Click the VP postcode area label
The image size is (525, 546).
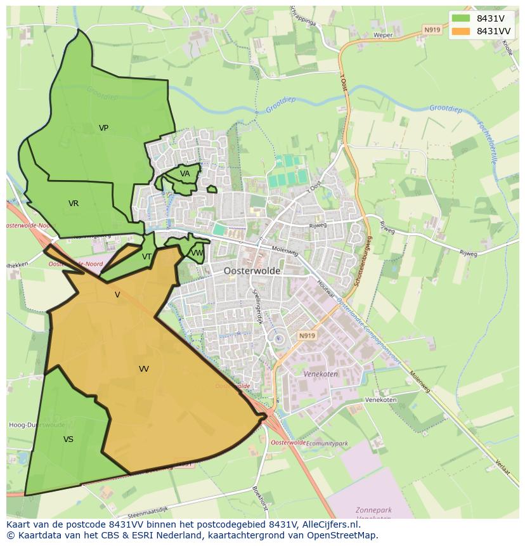coord(103,128)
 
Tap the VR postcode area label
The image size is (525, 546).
coord(74,204)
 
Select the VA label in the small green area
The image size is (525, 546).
coord(185,174)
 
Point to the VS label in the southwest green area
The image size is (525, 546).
coord(68,439)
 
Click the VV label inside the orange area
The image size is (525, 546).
coord(144,369)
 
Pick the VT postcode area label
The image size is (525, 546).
coord(146,257)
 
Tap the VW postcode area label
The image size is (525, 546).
coord(197,253)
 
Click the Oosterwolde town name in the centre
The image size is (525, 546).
coord(252,271)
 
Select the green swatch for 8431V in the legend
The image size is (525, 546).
coord(461,18)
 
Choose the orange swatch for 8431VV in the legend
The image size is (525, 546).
coord(461,31)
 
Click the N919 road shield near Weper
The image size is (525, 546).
coord(432,30)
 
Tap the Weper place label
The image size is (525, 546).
coord(383,36)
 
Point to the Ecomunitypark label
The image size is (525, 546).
coord(327,444)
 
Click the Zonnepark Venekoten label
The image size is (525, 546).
coord(373,514)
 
